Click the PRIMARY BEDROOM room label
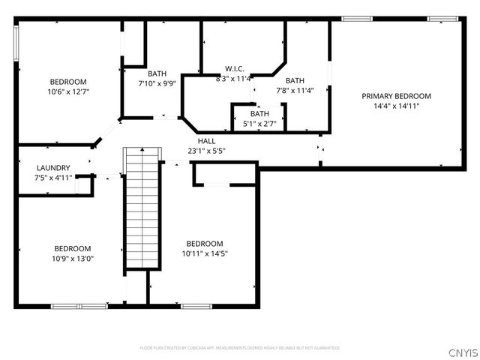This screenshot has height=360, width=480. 396,96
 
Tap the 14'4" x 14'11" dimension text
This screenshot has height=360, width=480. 396,106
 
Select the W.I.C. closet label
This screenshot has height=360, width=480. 234,69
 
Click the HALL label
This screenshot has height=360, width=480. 206,141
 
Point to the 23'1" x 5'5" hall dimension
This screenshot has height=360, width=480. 206,151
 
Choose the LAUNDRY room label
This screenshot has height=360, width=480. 53,168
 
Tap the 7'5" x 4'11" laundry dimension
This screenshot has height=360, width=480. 53,178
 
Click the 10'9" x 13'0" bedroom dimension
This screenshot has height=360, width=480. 72,258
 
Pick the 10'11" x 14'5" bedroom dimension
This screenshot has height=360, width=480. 205,253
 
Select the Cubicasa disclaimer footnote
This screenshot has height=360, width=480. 240,348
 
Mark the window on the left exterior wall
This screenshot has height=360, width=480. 16,44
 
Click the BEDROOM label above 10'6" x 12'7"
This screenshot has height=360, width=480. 68,82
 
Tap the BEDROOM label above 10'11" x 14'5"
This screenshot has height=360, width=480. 205,244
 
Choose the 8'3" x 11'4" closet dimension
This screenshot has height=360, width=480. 233,78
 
